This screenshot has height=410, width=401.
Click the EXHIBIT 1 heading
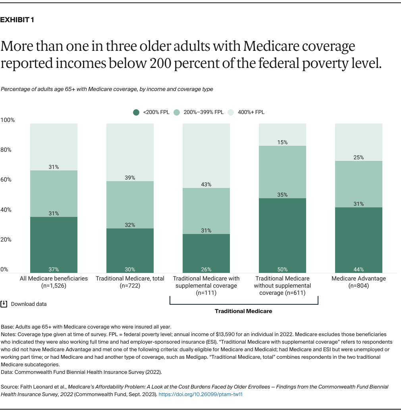pos(17,20)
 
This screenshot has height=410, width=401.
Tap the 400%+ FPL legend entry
pos(247,112)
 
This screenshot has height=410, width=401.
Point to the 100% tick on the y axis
pos(7,120)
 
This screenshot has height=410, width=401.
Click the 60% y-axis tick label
pos(6,180)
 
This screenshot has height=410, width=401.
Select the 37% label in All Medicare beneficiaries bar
pos(54,269)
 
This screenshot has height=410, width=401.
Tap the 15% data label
pos(282,142)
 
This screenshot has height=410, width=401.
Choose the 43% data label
pos(206,184)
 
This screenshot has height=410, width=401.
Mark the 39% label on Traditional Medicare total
pos(130,178)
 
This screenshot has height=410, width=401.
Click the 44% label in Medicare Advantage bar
pos(359,269)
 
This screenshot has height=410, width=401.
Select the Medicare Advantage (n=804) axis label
pos(359,282)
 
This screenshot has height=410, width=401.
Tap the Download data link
pos(29,304)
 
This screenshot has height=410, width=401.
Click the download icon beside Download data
pos(4,304)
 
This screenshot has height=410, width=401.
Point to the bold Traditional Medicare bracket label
pos(243,311)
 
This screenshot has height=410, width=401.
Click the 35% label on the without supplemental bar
pos(282,195)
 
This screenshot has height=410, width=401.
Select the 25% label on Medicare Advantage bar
pos(359,157)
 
